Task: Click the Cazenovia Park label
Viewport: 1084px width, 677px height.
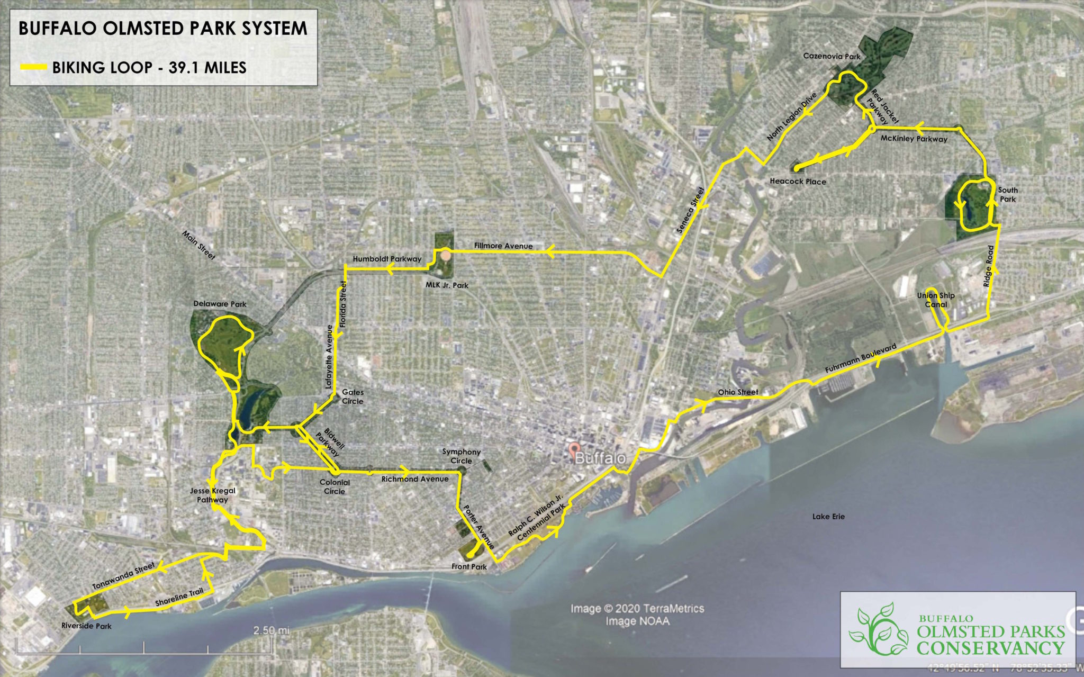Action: point(832,56)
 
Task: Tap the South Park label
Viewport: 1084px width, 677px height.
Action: point(1008,194)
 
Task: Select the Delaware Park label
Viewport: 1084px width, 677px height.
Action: point(220,304)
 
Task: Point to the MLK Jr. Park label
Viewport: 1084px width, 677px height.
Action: point(447,285)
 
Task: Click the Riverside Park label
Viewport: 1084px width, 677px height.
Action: point(86,626)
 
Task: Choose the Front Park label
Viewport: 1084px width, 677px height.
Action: point(469,566)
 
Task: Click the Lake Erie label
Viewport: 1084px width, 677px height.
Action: point(828,517)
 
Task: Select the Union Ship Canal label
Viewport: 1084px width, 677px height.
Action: point(936,300)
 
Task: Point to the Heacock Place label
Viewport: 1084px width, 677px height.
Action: point(798,182)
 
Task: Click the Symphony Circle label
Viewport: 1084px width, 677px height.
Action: point(462,456)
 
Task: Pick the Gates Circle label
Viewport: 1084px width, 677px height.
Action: point(353,396)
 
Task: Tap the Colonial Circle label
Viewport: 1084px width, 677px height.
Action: point(335,486)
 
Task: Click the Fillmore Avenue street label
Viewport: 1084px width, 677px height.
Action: point(503,246)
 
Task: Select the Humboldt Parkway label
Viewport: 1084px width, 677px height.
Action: point(387,259)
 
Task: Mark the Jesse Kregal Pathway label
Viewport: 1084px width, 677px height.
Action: point(213,495)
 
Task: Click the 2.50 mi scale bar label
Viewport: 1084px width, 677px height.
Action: point(271,630)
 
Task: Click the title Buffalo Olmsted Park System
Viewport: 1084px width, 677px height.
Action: point(162,29)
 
